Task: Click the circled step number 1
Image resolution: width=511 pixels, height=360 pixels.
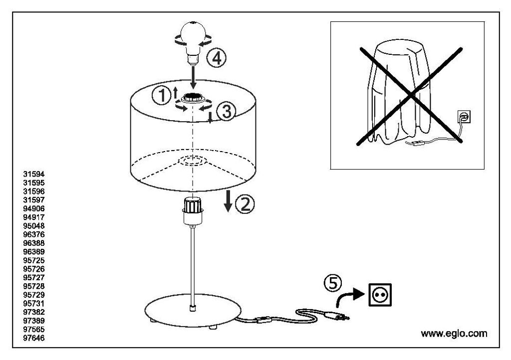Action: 161,96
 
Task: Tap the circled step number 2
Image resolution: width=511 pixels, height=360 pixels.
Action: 245,204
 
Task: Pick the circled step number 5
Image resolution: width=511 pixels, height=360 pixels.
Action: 333,283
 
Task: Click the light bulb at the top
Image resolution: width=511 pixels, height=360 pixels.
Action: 193,42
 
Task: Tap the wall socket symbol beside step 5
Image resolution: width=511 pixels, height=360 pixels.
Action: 380,295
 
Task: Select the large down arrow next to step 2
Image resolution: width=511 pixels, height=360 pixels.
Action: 228,201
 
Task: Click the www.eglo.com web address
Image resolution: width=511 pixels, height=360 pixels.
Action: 454,333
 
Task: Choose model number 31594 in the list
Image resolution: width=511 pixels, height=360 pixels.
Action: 34,175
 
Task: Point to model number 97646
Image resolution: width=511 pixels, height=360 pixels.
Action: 34,338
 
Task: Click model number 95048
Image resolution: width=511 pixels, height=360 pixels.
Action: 34,226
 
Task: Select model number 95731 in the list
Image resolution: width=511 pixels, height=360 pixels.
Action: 34,304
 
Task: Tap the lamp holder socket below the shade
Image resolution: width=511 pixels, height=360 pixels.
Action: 193,210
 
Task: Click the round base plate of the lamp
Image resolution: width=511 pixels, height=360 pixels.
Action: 193,310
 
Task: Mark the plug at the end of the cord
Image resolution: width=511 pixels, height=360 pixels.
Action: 337,315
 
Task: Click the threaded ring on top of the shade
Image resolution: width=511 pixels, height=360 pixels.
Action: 193,97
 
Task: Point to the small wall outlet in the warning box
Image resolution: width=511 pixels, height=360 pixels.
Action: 464,117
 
